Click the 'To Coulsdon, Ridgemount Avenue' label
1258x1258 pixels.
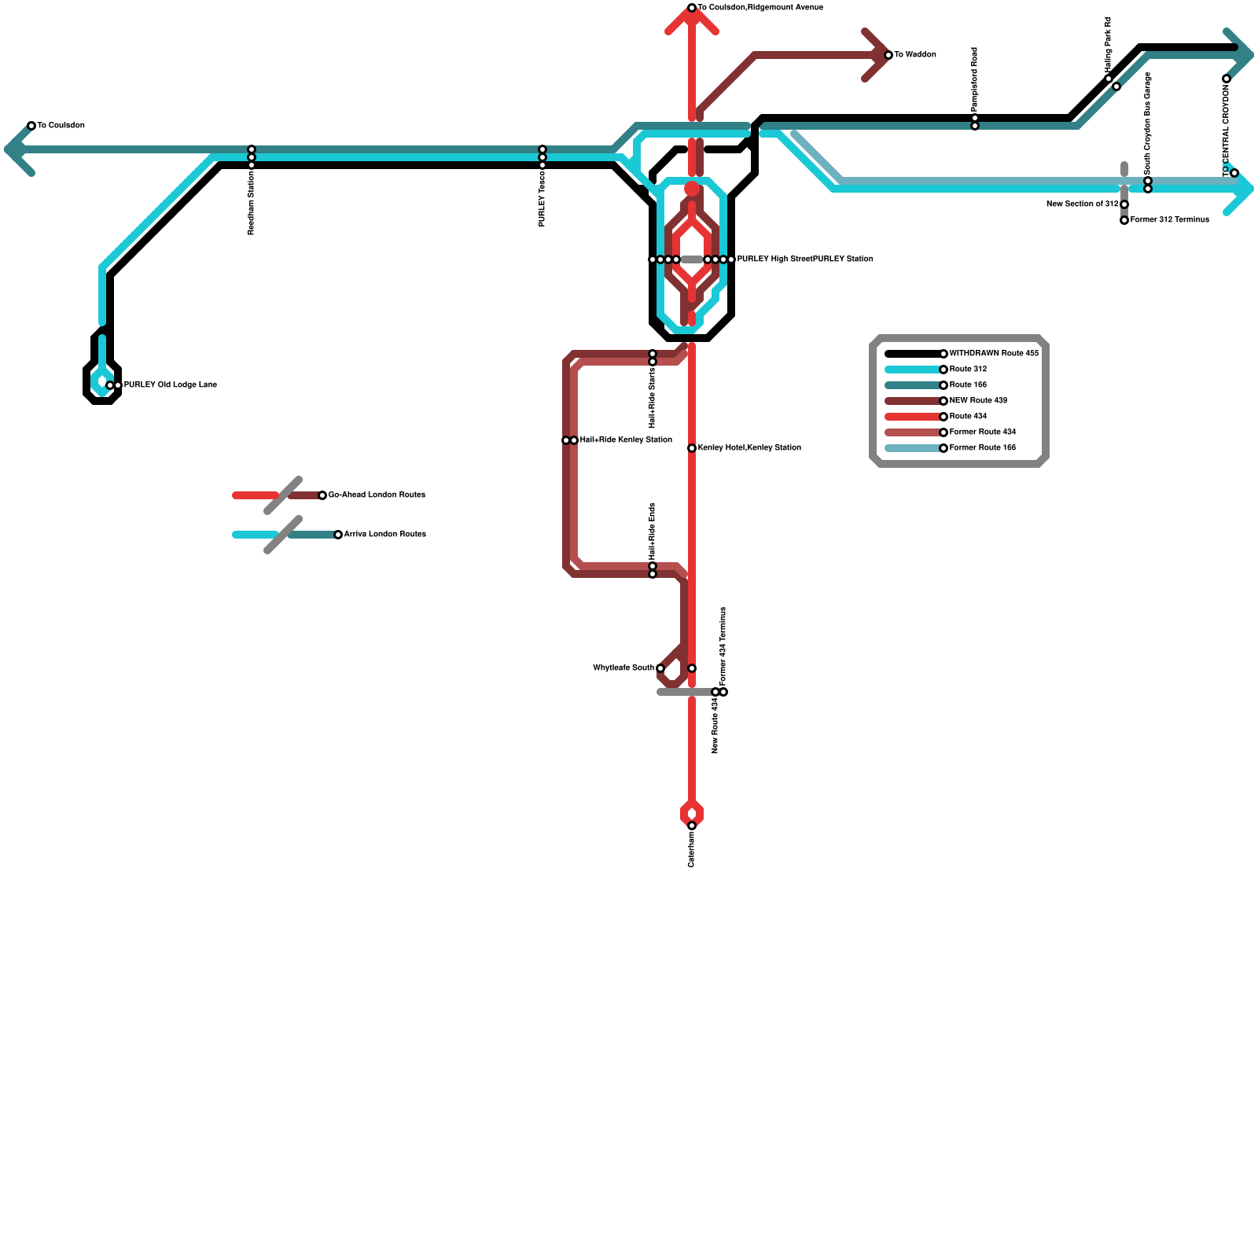click(760, 8)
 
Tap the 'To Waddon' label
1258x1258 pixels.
click(915, 55)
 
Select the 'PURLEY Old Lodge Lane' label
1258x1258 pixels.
click(170, 385)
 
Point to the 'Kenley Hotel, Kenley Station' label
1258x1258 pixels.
click(749, 448)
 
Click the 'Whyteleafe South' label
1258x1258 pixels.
click(623, 668)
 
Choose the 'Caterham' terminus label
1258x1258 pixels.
click(692, 849)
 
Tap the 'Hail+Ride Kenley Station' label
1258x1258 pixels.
click(626, 440)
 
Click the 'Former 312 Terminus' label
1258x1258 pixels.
click(1169, 220)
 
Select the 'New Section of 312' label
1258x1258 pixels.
click(1082, 204)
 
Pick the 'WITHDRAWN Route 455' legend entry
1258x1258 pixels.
click(994, 354)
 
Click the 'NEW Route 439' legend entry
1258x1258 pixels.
click(978, 401)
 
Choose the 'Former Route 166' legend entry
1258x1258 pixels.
click(982, 448)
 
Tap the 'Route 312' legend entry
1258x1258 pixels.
click(968, 370)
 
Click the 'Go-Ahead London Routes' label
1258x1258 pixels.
click(377, 495)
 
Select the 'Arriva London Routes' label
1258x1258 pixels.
click(384, 535)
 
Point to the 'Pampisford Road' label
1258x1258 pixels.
click(975, 79)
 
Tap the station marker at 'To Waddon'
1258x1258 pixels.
click(888, 55)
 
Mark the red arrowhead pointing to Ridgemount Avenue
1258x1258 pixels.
click(692, 20)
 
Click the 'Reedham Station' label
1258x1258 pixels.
click(252, 203)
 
